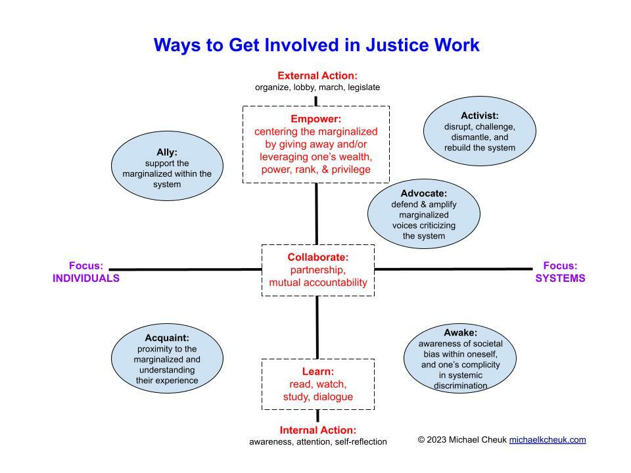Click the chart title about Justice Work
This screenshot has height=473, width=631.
click(316, 45)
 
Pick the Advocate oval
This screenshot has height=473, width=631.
click(423, 214)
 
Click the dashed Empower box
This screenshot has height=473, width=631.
click(316, 145)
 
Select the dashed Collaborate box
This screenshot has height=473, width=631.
click(318, 270)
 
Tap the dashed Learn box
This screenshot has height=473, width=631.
click(318, 384)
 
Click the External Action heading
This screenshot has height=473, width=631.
click(317, 76)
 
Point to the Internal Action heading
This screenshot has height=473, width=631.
click(318, 430)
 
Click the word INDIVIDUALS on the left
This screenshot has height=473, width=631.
click(86, 278)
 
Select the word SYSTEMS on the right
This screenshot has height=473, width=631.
click(560, 278)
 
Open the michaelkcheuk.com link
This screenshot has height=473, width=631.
click(548, 439)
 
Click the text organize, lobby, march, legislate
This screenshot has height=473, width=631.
click(317, 87)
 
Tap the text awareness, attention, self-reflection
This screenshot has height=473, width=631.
click(318, 441)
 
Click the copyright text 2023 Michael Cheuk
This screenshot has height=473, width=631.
click(463, 439)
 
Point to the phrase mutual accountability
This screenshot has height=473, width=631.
click(318, 282)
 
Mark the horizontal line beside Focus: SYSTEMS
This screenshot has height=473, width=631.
click(454, 269)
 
